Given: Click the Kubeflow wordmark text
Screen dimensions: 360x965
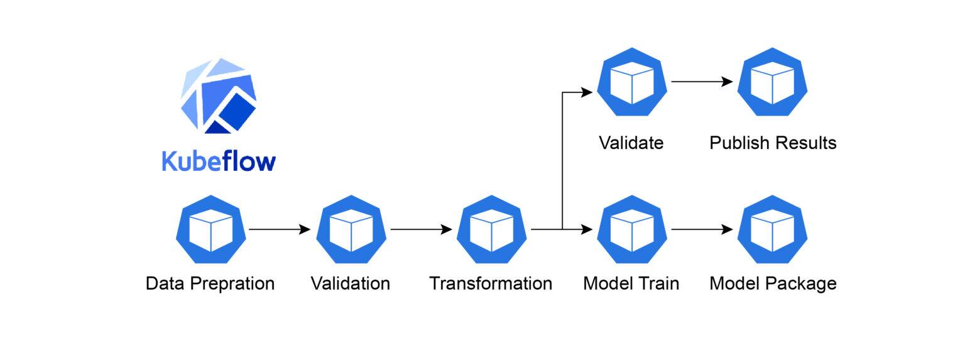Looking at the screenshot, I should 219,161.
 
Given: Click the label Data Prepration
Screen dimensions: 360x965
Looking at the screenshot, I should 210,283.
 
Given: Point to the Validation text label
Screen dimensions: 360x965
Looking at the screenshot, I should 351,283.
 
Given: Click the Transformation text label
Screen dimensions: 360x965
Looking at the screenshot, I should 491,283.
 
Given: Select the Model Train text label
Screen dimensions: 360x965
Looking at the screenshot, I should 631,283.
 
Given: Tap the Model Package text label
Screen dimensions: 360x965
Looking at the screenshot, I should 773,283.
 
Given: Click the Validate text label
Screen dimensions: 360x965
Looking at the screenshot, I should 631,143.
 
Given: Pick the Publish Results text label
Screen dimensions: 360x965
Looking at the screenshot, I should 773,143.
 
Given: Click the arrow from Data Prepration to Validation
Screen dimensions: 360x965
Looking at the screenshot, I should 280,230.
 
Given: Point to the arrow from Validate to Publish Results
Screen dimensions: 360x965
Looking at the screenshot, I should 702,82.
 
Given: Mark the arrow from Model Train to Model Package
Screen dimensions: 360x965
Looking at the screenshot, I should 702,230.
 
